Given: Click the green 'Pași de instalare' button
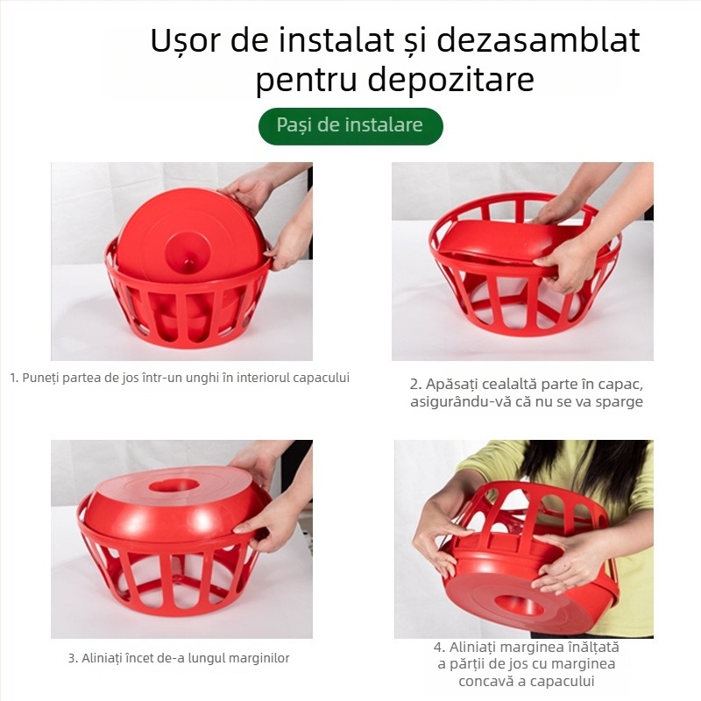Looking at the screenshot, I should coord(350,125).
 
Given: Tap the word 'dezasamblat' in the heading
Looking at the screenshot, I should coord(537,41).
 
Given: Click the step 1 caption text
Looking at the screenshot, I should coord(180,378).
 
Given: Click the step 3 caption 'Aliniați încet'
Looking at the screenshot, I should coord(179,657).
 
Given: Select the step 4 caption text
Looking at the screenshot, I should coord(526,664).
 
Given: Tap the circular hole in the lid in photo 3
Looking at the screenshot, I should coord(173,485).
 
